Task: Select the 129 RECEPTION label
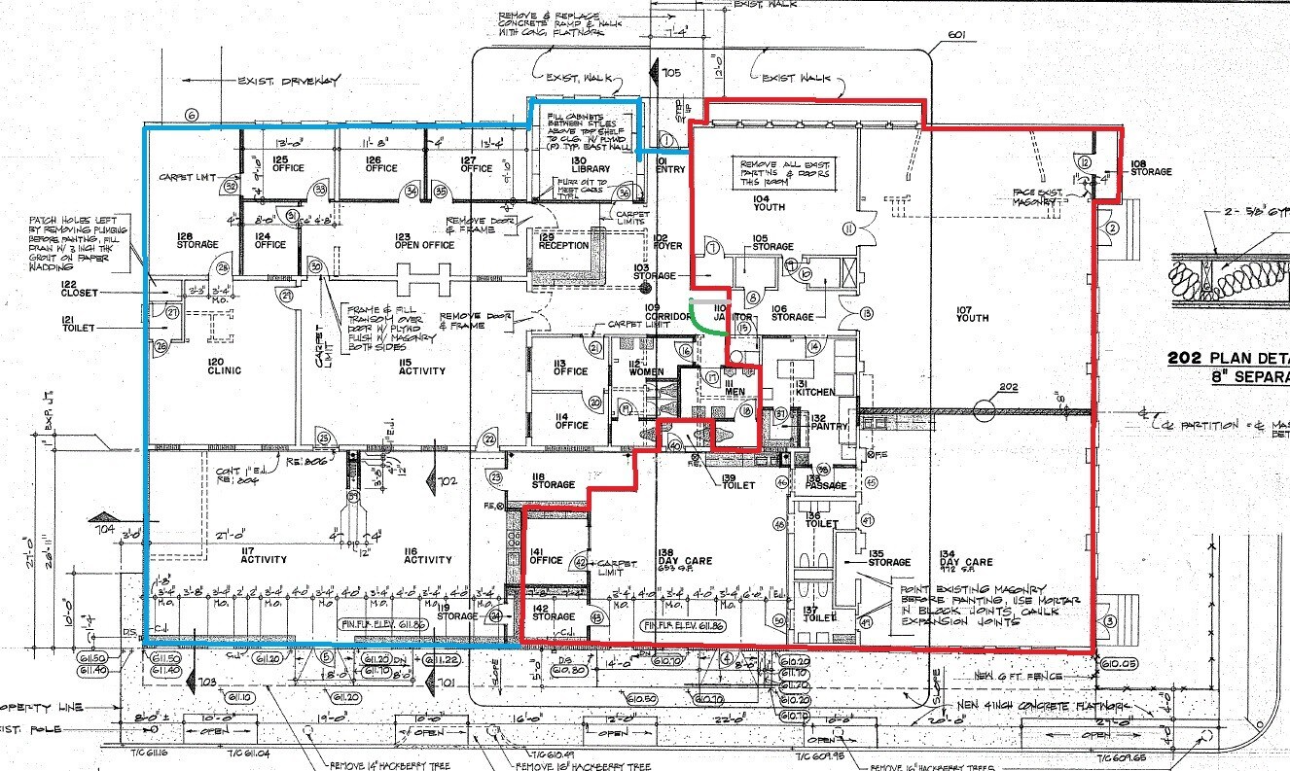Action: pyautogui.click(x=563, y=241)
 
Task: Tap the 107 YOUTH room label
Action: pyautogui.click(x=972, y=313)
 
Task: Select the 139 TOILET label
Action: pyautogui.click(x=737, y=480)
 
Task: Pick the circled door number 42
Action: pyautogui.click(x=581, y=562)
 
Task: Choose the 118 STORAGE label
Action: pyautogui.click(x=553, y=479)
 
